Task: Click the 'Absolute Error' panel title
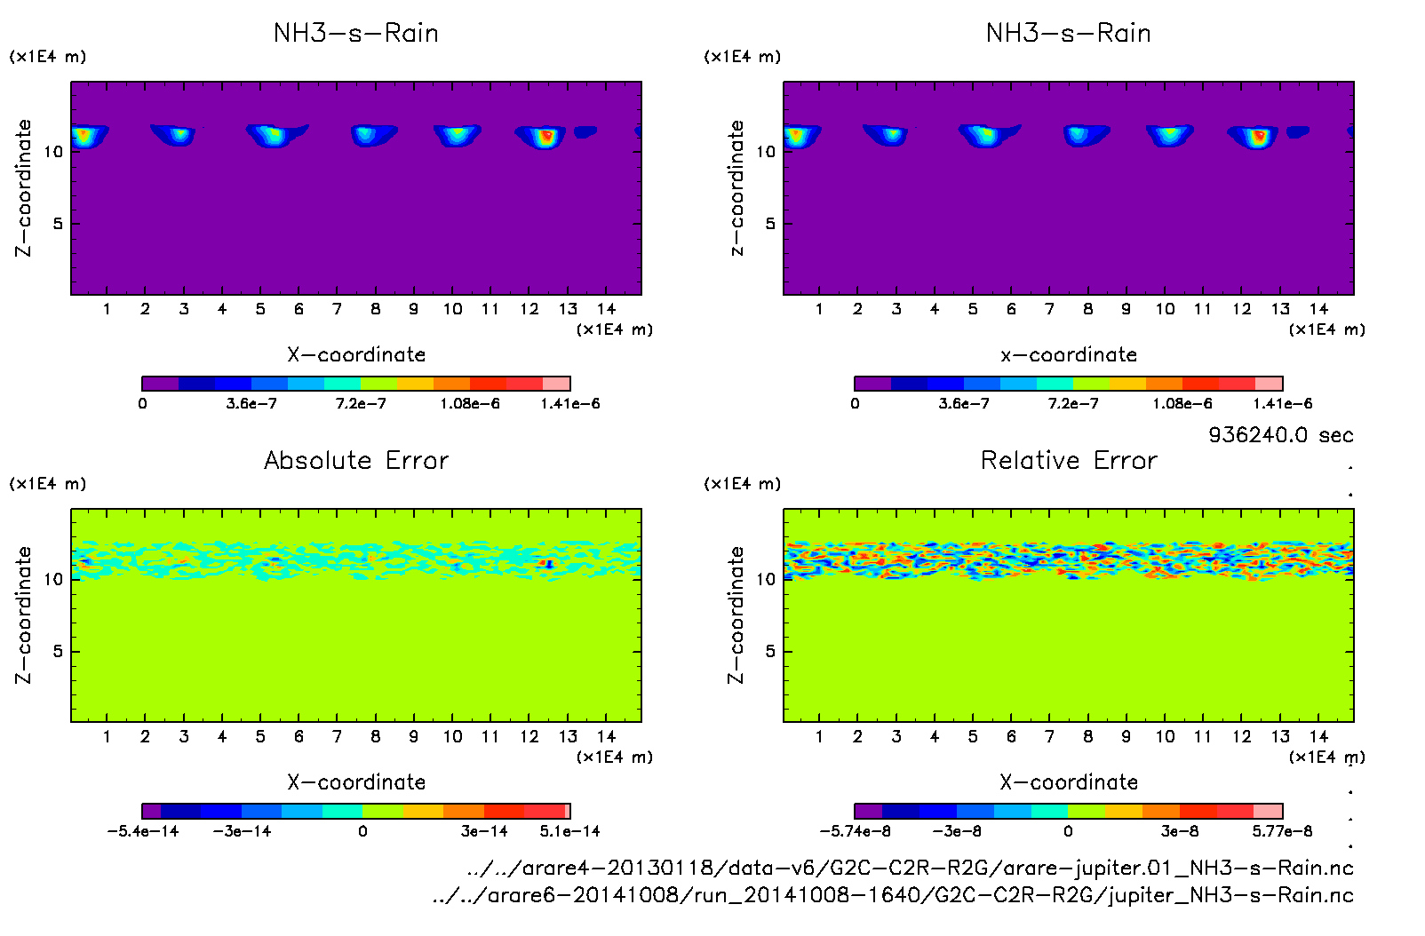(356, 460)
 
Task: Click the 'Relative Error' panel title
(1069, 460)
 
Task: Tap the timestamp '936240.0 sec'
(1280, 435)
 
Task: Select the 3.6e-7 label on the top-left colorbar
(251, 404)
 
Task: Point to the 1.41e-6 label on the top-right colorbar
(1282, 404)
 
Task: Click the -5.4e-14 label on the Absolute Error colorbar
(143, 831)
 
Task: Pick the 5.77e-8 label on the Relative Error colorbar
(1282, 831)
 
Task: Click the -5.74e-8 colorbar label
(855, 831)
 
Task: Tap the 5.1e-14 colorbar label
(569, 831)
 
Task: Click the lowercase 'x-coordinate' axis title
(1069, 355)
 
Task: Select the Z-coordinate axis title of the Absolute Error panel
(24, 615)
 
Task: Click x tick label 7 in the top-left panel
(337, 309)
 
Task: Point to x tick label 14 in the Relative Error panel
(1318, 736)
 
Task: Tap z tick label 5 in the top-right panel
(770, 224)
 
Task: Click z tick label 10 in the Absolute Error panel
(54, 579)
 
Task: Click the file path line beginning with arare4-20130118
(911, 868)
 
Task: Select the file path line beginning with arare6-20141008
(893, 895)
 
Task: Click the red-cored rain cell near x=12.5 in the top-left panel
(546, 136)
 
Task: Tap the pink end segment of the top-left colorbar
(556, 384)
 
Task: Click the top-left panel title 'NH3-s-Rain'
(356, 33)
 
